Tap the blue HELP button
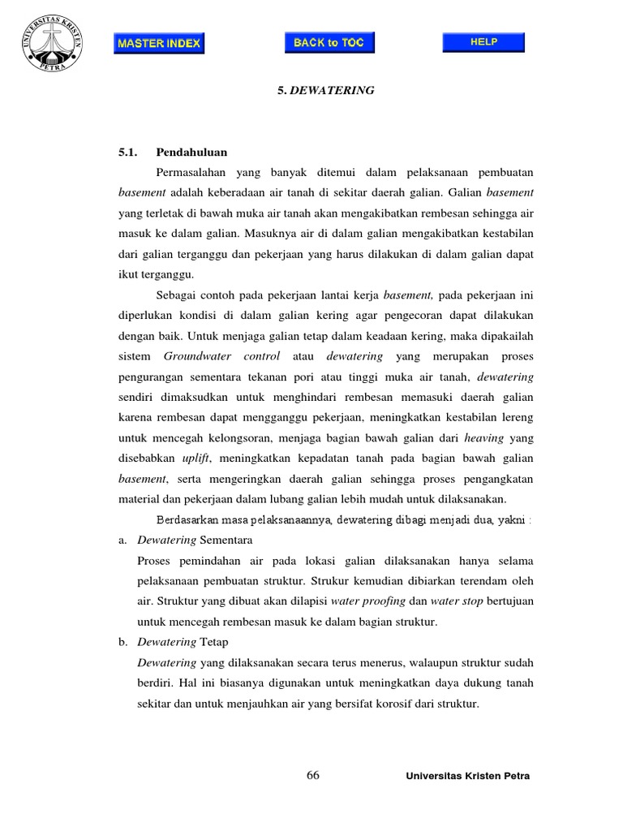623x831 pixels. click(x=483, y=41)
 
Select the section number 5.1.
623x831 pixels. click(x=129, y=152)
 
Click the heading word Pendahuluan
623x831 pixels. click(x=191, y=152)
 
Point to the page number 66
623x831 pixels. click(x=313, y=775)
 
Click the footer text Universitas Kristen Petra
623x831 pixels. click(x=467, y=777)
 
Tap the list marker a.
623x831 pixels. click(x=122, y=540)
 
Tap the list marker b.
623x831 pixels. click(x=122, y=642)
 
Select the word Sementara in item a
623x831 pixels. click(x=226, y=540)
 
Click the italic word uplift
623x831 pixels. click(x=196, y=459)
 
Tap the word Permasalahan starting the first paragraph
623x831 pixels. click(x=198, y=173)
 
